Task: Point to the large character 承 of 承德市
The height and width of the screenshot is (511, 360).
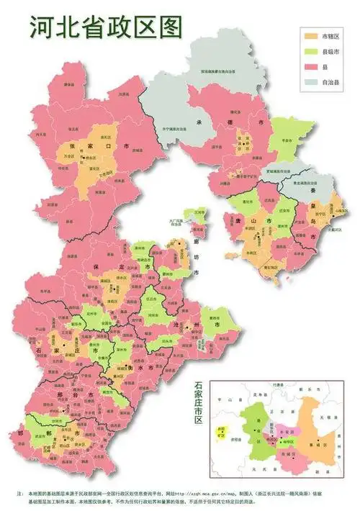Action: [199, 122]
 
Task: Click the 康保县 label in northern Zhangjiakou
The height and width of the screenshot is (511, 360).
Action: [70, 85]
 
